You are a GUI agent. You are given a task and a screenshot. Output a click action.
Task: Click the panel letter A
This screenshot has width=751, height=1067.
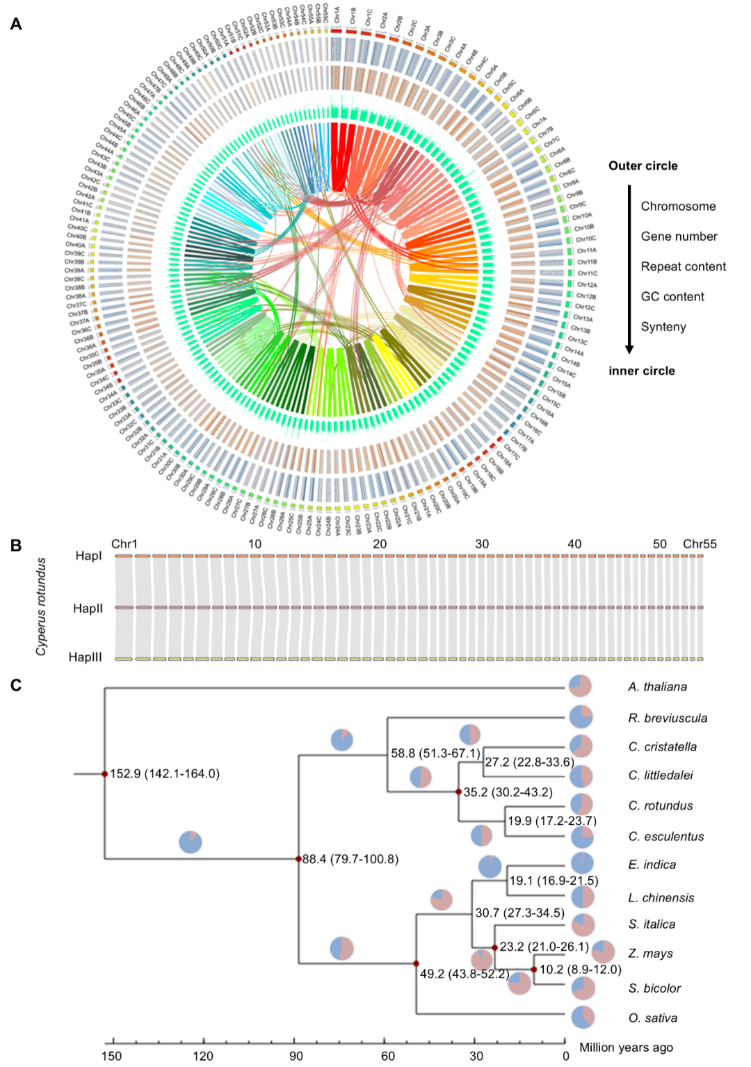click(x=16, y=24)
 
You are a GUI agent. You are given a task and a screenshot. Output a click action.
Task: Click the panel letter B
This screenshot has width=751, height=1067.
click(x=16, y=545)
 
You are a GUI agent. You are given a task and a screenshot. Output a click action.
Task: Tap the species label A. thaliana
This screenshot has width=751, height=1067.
click(x=657, y=687)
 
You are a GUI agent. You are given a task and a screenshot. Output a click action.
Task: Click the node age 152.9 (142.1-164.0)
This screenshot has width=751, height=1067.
click(x=165, y=773)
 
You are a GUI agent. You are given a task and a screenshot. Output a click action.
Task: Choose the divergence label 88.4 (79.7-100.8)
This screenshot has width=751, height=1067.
click(x=350, y=859)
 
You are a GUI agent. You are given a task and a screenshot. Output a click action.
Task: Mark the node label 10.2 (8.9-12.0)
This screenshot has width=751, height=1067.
click(x=580, y=969)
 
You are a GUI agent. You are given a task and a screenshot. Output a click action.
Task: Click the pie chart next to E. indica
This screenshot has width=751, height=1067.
click(x=581, y=863)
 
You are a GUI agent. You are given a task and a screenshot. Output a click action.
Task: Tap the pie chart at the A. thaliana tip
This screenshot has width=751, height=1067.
click(x=580, y=686)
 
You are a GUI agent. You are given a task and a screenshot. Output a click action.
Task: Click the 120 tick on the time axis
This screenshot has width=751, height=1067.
click(x=203, y=1056)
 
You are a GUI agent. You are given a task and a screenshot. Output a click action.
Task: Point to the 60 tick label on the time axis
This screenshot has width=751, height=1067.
click(x=387, y=1056)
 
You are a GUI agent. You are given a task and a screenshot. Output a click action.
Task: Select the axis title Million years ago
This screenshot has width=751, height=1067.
click(x=626, y=1047)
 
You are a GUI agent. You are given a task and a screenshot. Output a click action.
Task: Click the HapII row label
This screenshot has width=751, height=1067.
click(x=88, y=609)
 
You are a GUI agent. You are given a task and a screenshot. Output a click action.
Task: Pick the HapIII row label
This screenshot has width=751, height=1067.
click(x=85, y=657)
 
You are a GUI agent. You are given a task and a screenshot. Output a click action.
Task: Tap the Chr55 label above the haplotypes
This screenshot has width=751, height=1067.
click(x=699, y=544)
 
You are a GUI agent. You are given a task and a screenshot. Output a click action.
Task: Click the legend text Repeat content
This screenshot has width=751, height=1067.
click(x=683, y=266)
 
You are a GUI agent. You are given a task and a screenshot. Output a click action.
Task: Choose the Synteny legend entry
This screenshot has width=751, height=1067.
click(x=663, y=326)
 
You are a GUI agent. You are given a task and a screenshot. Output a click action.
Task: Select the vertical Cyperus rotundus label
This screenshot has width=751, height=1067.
click(x=42, y=606)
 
